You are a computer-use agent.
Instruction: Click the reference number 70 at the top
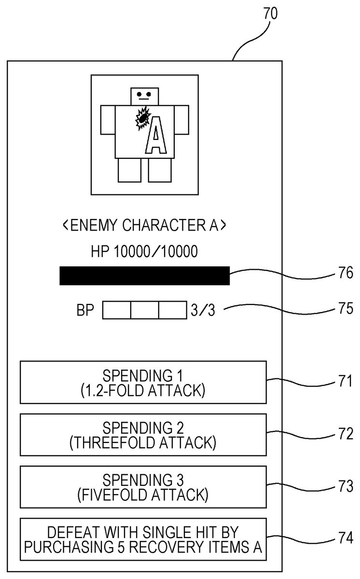270,14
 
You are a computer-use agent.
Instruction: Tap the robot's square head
144,96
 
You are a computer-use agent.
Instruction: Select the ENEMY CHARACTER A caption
144,225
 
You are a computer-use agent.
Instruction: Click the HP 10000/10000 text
144,251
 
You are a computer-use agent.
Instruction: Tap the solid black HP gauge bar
144,276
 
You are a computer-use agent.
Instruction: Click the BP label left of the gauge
85,310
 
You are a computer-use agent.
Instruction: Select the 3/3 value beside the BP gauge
203,310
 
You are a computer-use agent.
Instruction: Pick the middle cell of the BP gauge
144,310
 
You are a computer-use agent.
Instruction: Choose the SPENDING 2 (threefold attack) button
143,434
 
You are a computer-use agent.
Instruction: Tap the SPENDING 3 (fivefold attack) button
143,487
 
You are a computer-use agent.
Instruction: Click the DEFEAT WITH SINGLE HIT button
143,539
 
